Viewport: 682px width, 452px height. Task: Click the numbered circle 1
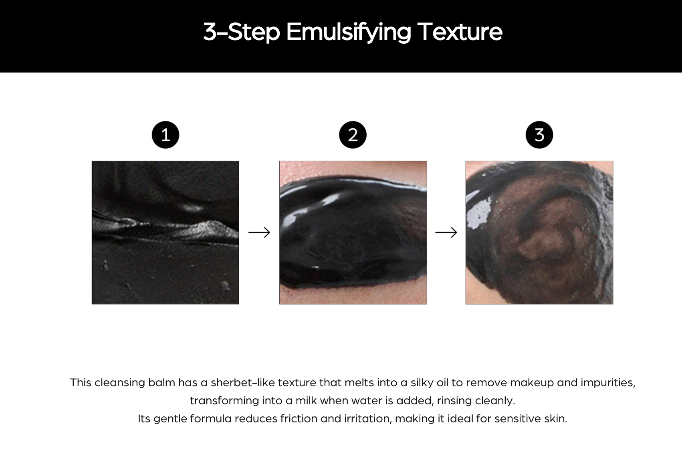tap(165, 135)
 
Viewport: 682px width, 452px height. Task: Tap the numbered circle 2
tap(353, 135)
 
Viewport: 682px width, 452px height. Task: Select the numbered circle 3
tap(539, 135)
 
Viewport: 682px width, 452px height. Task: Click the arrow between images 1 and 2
tap(259, 232)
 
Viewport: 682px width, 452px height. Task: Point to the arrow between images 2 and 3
tap(446, 232)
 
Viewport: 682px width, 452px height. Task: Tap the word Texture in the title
tap(460, 32)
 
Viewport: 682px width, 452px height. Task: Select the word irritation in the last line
tap(367, 419)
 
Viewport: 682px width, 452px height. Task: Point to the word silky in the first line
tap(422, 383)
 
